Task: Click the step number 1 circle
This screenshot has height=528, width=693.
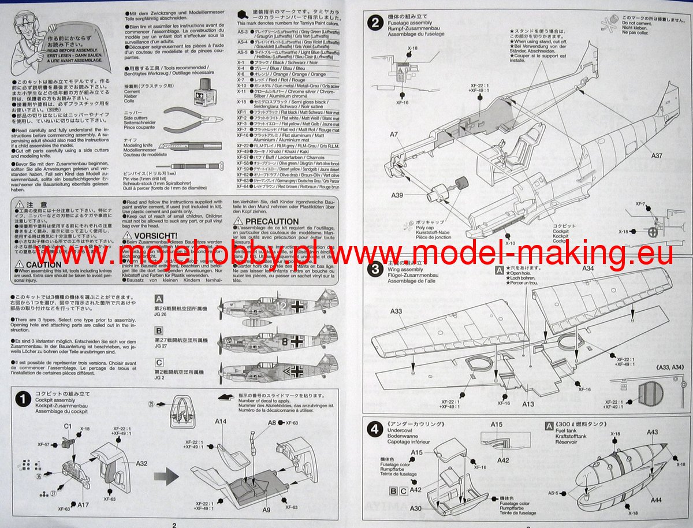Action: tap(23, 399)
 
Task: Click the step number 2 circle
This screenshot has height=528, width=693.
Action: tap(376, 23)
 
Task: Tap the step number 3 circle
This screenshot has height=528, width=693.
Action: tap(376, 269)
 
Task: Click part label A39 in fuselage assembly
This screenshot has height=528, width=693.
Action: tap(397, 195)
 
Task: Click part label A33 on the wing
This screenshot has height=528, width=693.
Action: tap(396, 312)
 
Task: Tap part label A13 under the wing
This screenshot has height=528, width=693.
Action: tap(528, 404)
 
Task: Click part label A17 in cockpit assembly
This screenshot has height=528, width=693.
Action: tap(83, 504)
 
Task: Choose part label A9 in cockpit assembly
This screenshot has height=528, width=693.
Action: tap(266, 510)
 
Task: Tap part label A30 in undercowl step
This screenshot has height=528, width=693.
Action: tap(416, 508)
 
